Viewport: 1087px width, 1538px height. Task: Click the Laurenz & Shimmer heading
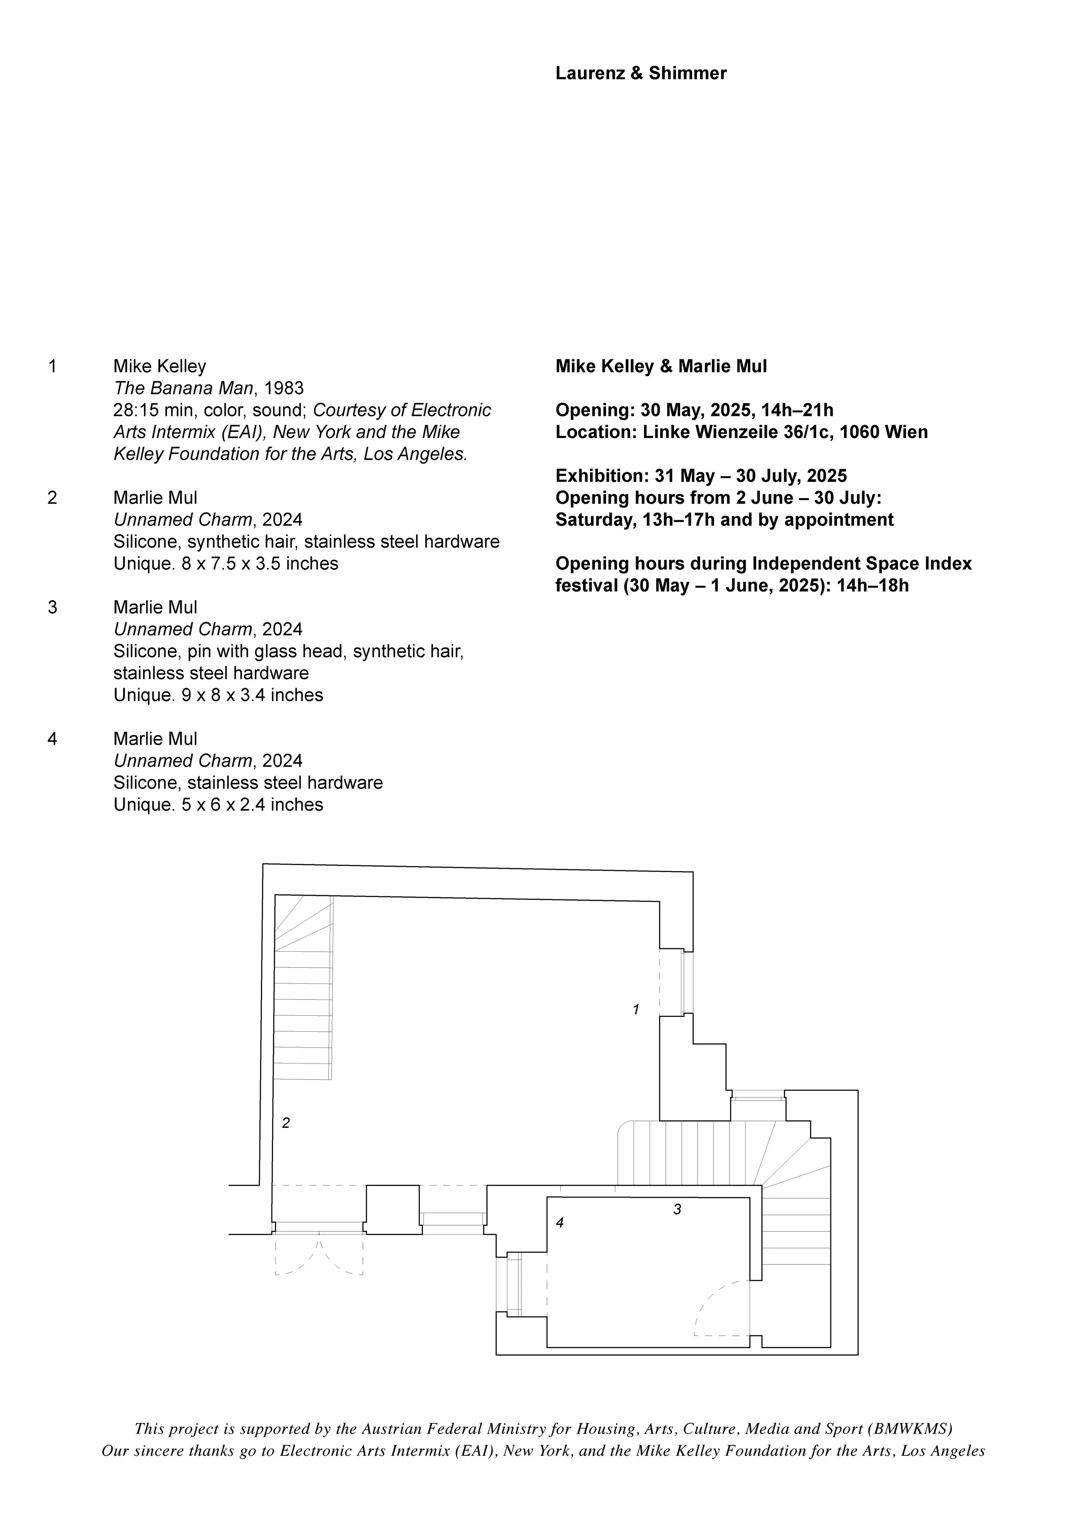[x=640, y=73]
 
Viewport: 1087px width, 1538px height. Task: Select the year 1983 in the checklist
[x=283, y=388]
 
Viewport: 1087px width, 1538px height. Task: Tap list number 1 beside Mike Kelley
[x=52, y=366]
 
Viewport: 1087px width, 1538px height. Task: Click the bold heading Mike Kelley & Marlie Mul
[x=661, y=366]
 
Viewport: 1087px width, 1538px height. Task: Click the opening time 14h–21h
[x=797, y=410]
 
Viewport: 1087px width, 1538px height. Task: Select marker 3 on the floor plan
[x=677, y=1209]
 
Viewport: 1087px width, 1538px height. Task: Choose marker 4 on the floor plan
[x=560, y=1223]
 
